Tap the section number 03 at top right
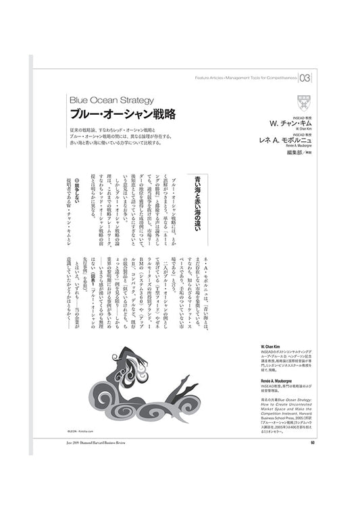(306, 77)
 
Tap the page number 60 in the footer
(313, 443)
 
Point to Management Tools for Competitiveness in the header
(263, 78)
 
